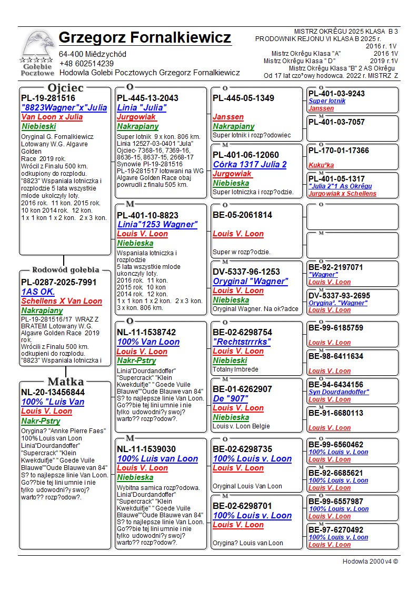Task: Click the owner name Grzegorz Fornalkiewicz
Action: click(x=145, y=38)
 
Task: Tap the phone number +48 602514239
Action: click(x=86, y=63)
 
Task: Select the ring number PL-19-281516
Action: click(x=48, y=98)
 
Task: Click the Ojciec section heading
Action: click(x=65, y=88)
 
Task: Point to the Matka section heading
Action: click(x=65, y=382)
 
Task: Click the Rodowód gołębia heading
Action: click(x=65, y=270)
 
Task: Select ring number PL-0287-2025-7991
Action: click(x=59, y=282)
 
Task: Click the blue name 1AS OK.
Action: click(x=38, y=292)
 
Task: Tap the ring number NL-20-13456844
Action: click(x=53, y=392)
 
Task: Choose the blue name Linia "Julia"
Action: click(x=142, y=107)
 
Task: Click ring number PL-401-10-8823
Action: click(x=147, y=215)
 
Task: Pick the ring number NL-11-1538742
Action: click(x=146, y=332)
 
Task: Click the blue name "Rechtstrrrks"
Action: click(x=242, y=342)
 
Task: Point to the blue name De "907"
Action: click(x=230, y=398)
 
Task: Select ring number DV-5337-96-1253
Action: click(x=246, y=272)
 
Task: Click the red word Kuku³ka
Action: click(x=321, y=165)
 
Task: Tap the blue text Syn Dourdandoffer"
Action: click(x=339, y=392)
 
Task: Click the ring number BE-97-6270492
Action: click(x=336, y=530)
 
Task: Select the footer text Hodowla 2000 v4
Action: click(x=370, y=561)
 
